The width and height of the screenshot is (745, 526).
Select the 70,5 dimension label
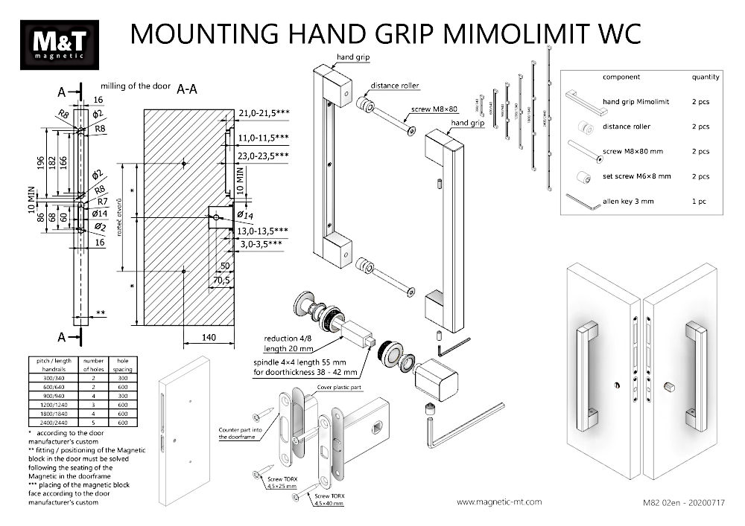(221, 280)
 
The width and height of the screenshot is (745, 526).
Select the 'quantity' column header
(705, 77)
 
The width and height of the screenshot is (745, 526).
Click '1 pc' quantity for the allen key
(700, 202)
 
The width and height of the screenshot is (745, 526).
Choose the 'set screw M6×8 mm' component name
(636, 176)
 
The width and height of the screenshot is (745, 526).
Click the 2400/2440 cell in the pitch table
(48, 423)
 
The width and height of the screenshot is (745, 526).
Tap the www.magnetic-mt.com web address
(498, 503)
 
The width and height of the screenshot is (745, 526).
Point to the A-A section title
(187, 89)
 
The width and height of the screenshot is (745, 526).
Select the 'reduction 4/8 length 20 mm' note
(290, 343)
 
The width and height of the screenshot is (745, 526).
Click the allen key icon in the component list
(583, 202)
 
